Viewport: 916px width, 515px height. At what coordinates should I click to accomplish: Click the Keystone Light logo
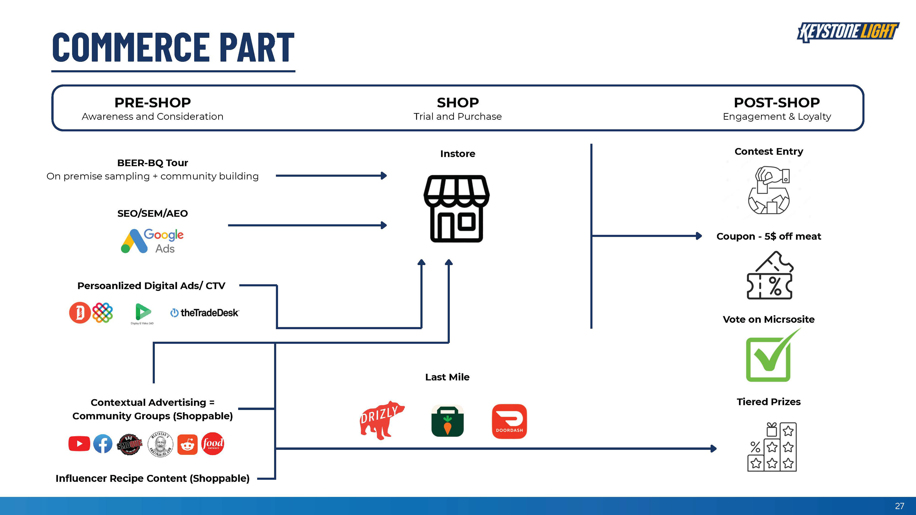[x=848, y=32]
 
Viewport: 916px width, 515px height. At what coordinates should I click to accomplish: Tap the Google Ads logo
[x=152, y=241]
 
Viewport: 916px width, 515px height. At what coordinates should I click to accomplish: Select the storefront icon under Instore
[x=457, y=209]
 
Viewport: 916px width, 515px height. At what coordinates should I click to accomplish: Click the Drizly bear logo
[x=382, y=420]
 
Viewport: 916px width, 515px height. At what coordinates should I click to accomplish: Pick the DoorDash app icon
[x=509, y=421]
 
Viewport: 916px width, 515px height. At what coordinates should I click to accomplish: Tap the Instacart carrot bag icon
[x=447, y=421]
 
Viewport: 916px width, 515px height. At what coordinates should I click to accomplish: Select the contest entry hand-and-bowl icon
[x=769, y=190]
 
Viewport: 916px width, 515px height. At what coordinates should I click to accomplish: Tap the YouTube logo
[x=79, y=443]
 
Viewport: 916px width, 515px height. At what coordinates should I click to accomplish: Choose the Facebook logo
[x=103, y=443]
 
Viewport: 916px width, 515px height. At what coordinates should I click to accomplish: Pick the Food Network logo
[x=213, y=443]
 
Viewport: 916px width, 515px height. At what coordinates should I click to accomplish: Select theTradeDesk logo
[x=205, y=313]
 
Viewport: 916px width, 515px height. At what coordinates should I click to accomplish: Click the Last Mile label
[x=447, y=377]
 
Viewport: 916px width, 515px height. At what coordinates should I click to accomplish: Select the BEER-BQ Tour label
[x=153, y=163]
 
